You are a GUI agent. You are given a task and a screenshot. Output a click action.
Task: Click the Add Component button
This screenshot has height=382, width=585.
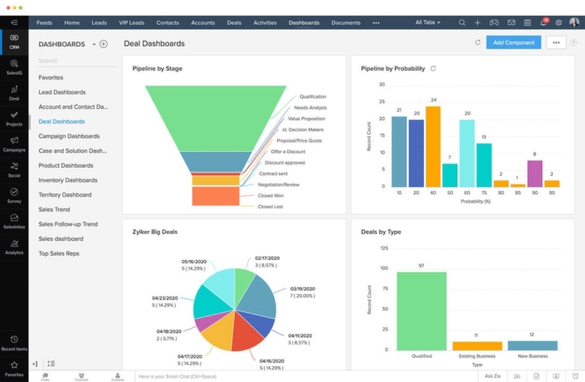click(x=513, y=42)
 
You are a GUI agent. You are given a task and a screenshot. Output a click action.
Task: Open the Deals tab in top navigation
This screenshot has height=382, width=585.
click(x=234, y=22)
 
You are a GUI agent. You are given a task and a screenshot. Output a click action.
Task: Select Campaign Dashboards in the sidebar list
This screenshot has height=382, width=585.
click(x=69, y=135)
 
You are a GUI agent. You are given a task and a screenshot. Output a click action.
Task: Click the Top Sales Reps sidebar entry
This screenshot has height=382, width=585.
click(x=59, y=253)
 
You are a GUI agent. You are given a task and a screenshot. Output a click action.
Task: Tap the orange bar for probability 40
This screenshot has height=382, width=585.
click(x=433, y=146)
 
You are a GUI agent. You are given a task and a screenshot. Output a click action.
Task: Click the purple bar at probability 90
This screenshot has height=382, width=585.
click(x=534, y=173)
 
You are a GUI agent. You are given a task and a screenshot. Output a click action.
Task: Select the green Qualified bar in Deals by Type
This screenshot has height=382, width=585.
click(x=422, y=311)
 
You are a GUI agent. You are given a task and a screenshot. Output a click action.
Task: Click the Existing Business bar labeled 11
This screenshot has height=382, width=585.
click(x=477, y=345)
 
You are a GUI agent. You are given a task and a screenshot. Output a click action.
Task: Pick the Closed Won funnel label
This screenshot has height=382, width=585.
click(x=270, y=195)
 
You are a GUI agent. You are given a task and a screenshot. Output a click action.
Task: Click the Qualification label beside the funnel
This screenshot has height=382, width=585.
click(x=313, y=96)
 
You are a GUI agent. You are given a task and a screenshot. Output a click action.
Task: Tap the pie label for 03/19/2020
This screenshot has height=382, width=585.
click(x=303, y=291)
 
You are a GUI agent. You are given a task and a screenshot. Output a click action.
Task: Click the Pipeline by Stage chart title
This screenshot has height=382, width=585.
click(x=157, y=69)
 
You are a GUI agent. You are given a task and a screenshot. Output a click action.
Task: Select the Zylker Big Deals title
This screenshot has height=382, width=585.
click(x=154, y=232)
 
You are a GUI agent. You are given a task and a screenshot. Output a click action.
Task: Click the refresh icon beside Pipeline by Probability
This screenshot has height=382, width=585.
click(x=433, y=69)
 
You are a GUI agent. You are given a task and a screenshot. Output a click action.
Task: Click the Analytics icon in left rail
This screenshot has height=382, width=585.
click(x=14, y=245)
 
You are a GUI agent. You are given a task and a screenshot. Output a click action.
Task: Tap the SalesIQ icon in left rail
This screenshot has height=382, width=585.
click(x=14, y=66)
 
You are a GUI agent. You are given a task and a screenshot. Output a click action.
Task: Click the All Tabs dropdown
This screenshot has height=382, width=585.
click(x=427, y=22)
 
